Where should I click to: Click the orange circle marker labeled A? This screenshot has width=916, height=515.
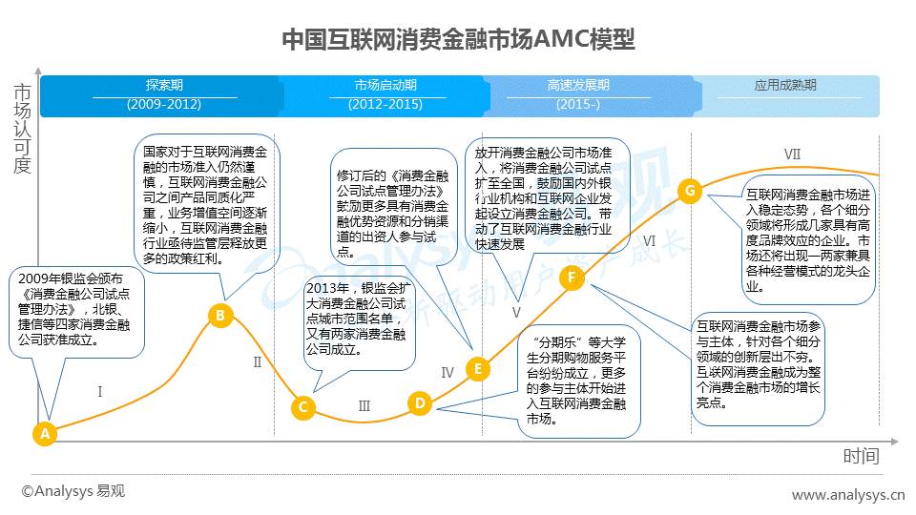45,433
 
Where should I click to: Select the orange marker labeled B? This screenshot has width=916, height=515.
220,316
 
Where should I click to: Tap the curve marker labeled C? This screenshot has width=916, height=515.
303,407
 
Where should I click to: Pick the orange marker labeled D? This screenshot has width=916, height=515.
420,402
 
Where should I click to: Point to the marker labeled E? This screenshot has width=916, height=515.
478,368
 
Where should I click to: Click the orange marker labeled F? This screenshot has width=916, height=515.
572,278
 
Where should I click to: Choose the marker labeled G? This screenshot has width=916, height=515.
690,191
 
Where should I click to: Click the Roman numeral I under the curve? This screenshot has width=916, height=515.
100,391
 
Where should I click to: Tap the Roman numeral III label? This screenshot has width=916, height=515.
364,406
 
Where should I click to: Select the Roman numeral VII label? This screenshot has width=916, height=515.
792,154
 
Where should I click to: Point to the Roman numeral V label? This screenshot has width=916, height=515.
516,313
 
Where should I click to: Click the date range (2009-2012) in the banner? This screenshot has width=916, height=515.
164,105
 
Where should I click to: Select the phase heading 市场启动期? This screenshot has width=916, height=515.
385,85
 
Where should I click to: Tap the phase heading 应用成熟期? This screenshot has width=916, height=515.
785,85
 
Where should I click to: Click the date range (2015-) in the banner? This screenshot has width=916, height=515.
578,105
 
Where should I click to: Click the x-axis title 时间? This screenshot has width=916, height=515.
861,456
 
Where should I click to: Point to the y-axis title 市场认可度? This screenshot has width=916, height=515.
22,129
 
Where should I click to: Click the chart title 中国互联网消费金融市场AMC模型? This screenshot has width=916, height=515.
458,40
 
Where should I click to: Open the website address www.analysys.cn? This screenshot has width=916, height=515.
847,495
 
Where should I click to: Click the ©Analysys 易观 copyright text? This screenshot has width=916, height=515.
73,491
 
